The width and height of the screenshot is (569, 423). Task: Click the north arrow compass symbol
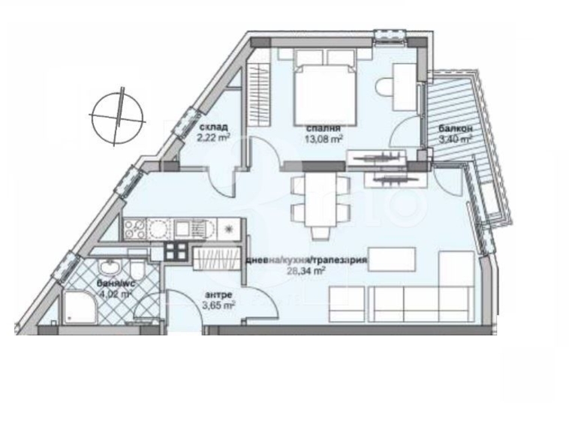(x=116, y=116)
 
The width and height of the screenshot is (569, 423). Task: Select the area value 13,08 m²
(x=324, y=138)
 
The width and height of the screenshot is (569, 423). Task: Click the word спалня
(x=319, y=128)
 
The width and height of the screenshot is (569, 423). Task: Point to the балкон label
(x=455, y=129)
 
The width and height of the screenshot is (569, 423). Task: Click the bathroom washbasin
(x=110, y=268)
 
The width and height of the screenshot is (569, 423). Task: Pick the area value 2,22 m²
(x=212, y=137)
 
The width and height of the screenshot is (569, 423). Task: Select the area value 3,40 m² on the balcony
(x=455, y=139)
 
